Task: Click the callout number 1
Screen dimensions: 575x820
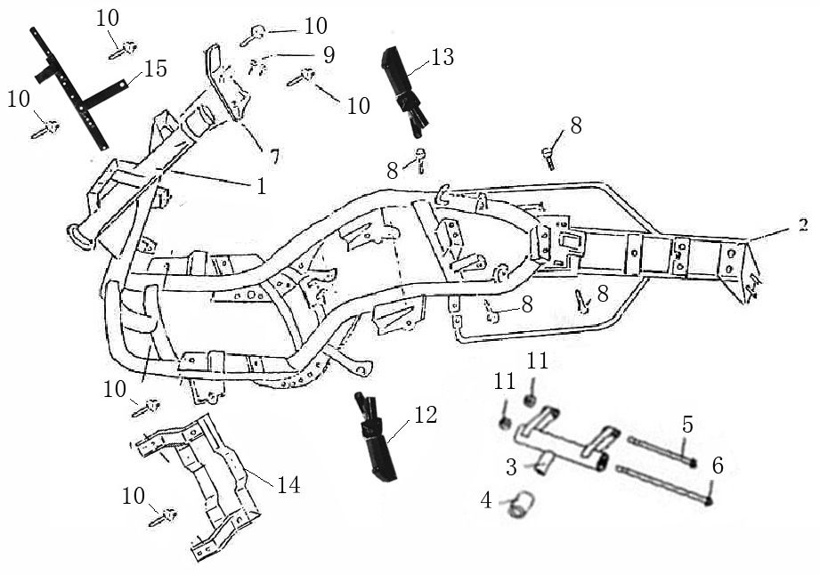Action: click(261, 186)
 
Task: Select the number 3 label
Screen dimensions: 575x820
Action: click(511, 466)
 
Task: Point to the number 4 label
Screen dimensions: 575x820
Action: click(485, 500)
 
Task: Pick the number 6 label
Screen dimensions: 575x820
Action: click(718, 464)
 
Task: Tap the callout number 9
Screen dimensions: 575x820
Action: click(329, 55)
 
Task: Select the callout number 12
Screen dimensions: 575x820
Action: click(426, 415)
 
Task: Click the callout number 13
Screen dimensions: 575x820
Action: click(442, 58)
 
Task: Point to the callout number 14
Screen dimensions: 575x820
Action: click(288, 485)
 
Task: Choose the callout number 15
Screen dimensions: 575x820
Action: click(155, 69)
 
